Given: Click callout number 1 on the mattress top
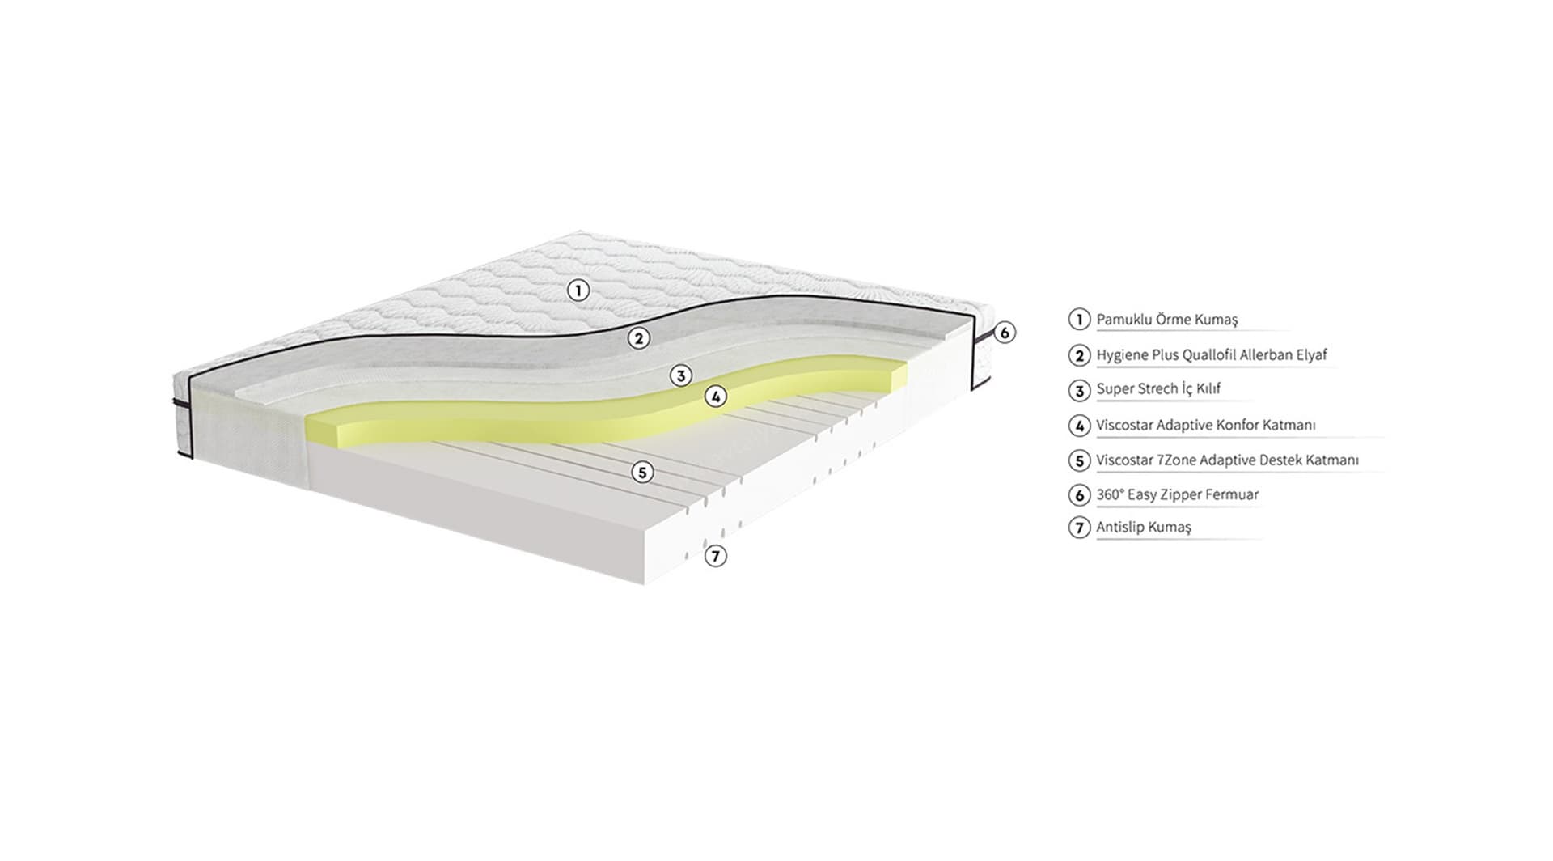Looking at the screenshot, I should tap(578, 290).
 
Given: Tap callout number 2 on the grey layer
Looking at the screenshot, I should tap(639, 338).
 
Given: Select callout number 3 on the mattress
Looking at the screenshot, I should tap(681, 375).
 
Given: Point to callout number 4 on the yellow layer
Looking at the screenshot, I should tap(715, 397).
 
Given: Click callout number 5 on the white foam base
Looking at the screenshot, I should tap(642, 472).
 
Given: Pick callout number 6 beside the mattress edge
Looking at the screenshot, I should tap(1004, 332).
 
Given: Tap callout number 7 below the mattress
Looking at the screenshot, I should tap(715, 556).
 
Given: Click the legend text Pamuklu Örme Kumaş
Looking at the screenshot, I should tap(1166, 320).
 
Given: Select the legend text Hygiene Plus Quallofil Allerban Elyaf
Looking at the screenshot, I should tap(1211, 354).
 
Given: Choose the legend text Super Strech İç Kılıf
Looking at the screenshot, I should tap(1157, 389).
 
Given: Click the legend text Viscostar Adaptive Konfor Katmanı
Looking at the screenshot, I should tap(1205, 425).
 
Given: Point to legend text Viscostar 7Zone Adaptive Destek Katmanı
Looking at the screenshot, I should tap(1227, 460).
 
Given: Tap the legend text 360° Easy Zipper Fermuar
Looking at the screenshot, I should tap(1177, 494).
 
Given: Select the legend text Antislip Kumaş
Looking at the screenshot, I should tap(1143, 528).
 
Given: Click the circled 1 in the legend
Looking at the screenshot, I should tap(1079, 319).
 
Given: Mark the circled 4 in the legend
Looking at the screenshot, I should tap(1079, 425).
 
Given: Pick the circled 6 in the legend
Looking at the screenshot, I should tap(1079, 494).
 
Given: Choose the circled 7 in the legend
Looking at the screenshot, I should tap(1079, 528).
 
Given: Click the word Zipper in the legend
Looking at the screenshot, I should tap(1191, 494).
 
